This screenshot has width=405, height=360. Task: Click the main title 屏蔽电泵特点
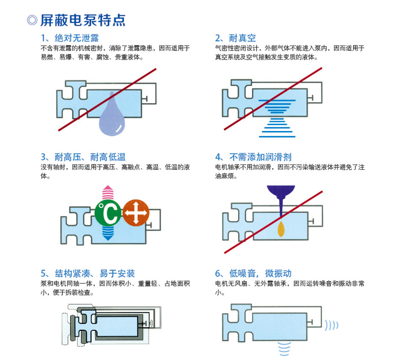click(83, 20)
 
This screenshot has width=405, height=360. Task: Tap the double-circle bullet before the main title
click(32, 20)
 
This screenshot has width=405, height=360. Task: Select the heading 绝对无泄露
click(76, 38)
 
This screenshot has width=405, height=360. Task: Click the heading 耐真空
click(242, 38)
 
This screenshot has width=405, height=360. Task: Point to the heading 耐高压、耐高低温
click(90, 157)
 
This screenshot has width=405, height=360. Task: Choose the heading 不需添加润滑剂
click(261, 157)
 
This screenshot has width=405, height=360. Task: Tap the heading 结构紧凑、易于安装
click(95, 273)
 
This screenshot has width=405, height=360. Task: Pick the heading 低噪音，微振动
click(261, 273)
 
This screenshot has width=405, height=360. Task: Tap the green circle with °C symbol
click(108, 213)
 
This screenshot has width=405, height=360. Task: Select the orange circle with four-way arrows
click(136, 213)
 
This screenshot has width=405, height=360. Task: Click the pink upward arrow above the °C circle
click(108, 193)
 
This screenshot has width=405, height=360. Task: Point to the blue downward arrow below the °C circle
click(108, 233)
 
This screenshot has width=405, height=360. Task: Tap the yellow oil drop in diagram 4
click(281, 229)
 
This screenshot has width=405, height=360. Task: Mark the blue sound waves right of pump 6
click(331, 325)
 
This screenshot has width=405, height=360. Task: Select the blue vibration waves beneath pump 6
click(284, 349)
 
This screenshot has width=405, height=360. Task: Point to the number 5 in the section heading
click(44, 274)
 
